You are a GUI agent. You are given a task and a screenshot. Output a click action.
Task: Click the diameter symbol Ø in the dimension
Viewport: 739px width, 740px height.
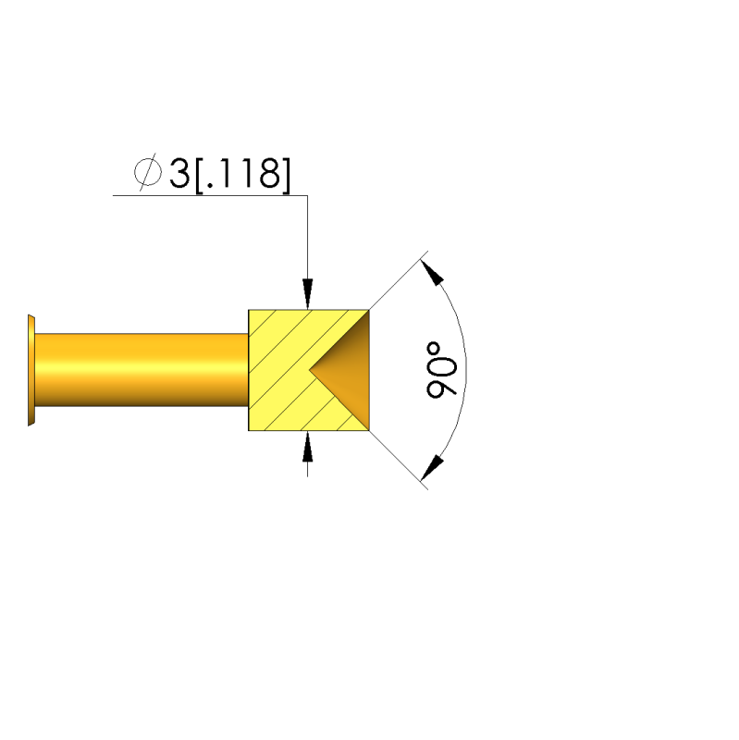point(145,173)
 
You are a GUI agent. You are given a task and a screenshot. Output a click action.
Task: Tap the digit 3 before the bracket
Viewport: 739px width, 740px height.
point(178,173)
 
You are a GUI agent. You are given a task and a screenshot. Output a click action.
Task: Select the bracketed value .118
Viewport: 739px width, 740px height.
point(241,173)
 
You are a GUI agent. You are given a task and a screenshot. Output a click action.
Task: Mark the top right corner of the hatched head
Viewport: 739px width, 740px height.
point(370,310)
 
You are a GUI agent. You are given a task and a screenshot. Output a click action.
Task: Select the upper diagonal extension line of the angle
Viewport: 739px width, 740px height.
point(398,282)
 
